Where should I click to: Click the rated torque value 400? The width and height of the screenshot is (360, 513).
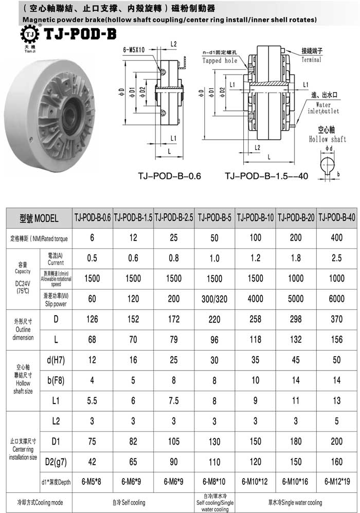(337, 238)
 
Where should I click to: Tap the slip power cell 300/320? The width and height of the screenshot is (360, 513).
(214, 299)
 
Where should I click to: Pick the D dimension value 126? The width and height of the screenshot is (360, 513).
(92, 319)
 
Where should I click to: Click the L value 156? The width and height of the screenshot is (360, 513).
(337, 339)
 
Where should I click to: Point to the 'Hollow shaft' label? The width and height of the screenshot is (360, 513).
(328, 139)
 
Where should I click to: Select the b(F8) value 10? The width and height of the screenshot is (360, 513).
(256, 380)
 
